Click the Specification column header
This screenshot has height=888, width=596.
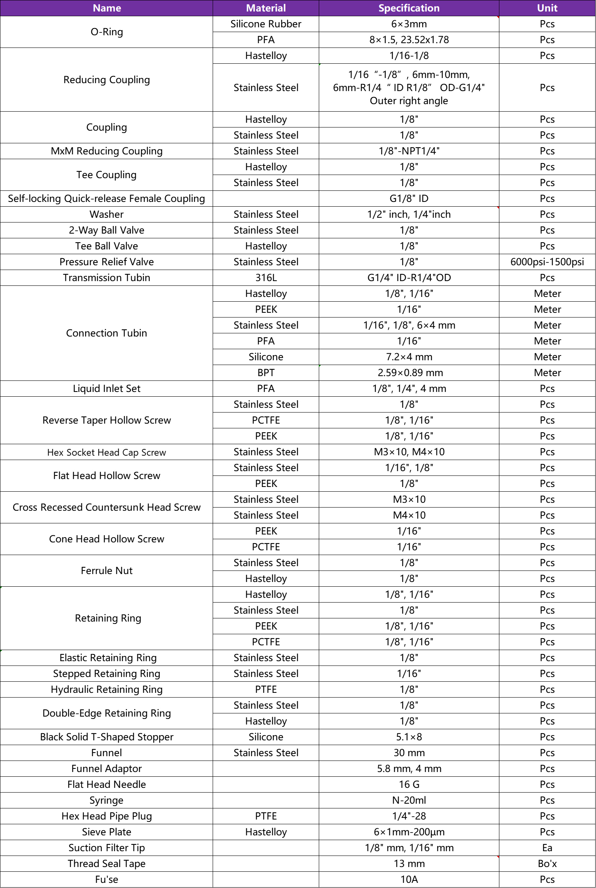tap(409, 8)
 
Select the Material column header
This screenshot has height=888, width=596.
tap(266, 8)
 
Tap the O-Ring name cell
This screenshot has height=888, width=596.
tap(107, 32)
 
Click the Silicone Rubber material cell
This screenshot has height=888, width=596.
tap(266, 24)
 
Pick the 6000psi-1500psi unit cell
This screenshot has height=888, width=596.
tap(547, 262)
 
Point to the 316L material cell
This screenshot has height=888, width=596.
tap(266, 278)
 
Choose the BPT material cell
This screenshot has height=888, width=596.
tap(266, 373)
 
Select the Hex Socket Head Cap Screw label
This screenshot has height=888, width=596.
tap(107, 452)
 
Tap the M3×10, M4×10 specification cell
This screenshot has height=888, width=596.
tap(409, 452)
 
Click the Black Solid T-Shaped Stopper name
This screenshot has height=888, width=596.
tap(107, 737)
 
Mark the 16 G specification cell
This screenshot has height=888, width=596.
tap(409, 784)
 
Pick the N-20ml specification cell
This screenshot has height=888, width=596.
tap(409, 800)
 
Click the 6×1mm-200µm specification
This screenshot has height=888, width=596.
tap(409, 832)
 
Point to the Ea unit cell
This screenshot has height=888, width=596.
tap(547, 848)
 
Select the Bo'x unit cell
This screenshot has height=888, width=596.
tap(547, 863)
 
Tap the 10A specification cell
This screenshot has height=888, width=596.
tap(409, 879)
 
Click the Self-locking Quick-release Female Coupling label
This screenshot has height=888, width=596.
tap(107, 198)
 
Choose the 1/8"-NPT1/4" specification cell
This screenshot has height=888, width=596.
tap(409, 151)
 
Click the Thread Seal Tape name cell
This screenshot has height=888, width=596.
tap(107, 863)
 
